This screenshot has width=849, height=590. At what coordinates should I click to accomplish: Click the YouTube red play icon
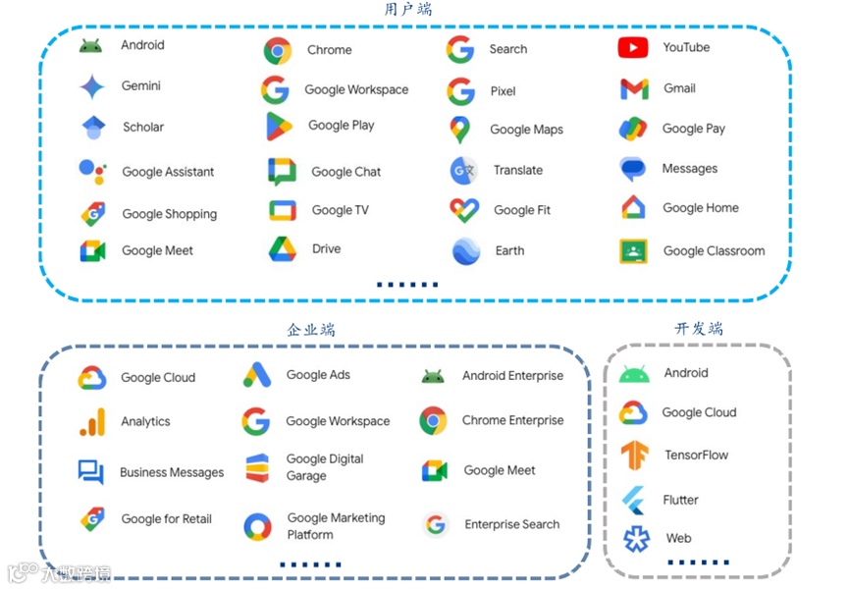click(x=633, y=47)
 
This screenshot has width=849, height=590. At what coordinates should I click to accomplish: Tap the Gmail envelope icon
click(x=634, y=89)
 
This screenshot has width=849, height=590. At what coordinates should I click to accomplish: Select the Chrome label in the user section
click(x=329, y=50)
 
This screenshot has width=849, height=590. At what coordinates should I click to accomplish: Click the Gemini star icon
click(x=92, y=87)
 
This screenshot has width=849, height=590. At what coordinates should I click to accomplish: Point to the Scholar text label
click(x=143, y=128)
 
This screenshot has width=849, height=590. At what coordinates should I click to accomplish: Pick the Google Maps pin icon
click(x=459, y=130)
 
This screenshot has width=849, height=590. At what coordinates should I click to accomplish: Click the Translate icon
click(x=463, y=171)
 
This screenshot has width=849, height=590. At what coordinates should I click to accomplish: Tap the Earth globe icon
click(x=466, y=251)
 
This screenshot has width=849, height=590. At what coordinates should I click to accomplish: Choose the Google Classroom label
click(x=714, y=251)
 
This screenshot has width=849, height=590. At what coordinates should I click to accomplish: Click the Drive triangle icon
click(x=282, y=249)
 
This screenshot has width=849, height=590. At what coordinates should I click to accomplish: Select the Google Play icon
click(x=279, y=127)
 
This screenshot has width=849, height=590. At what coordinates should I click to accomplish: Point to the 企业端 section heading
click(x=310, y=330)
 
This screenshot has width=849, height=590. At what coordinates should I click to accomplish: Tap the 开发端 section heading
click(x=698, y=329)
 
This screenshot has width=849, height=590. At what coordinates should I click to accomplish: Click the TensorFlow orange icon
click(x=634, y=456)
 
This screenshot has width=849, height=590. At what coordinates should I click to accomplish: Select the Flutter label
click(x=680, y=500)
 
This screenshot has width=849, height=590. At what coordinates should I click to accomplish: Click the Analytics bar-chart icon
click(x=92, y=422)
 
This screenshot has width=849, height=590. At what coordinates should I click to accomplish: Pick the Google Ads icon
click(x=257, y=375)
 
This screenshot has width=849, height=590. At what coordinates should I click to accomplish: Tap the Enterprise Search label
click(x=511, y=525)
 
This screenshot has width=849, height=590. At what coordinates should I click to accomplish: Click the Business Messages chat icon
click(x=91, y=472)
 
